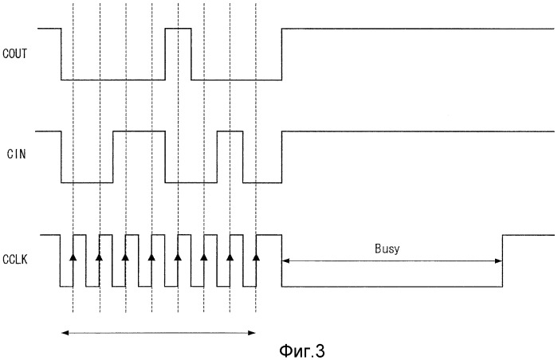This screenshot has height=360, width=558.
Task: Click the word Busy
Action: coord(388,248)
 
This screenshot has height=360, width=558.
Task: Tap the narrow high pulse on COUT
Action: coord(178,29)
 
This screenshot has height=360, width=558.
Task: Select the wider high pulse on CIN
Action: coord(139,131)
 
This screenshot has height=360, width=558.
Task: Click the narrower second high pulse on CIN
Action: coord(230,131)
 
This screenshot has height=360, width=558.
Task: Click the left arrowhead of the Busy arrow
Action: coord(285,260)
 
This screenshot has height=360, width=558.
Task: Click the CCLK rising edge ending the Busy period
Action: coord(502,260)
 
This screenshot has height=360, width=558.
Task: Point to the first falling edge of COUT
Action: coord(62,53)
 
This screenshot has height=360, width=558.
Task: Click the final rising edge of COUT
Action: coord(281,53)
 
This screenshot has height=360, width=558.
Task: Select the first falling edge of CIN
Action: coord(62,157)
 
